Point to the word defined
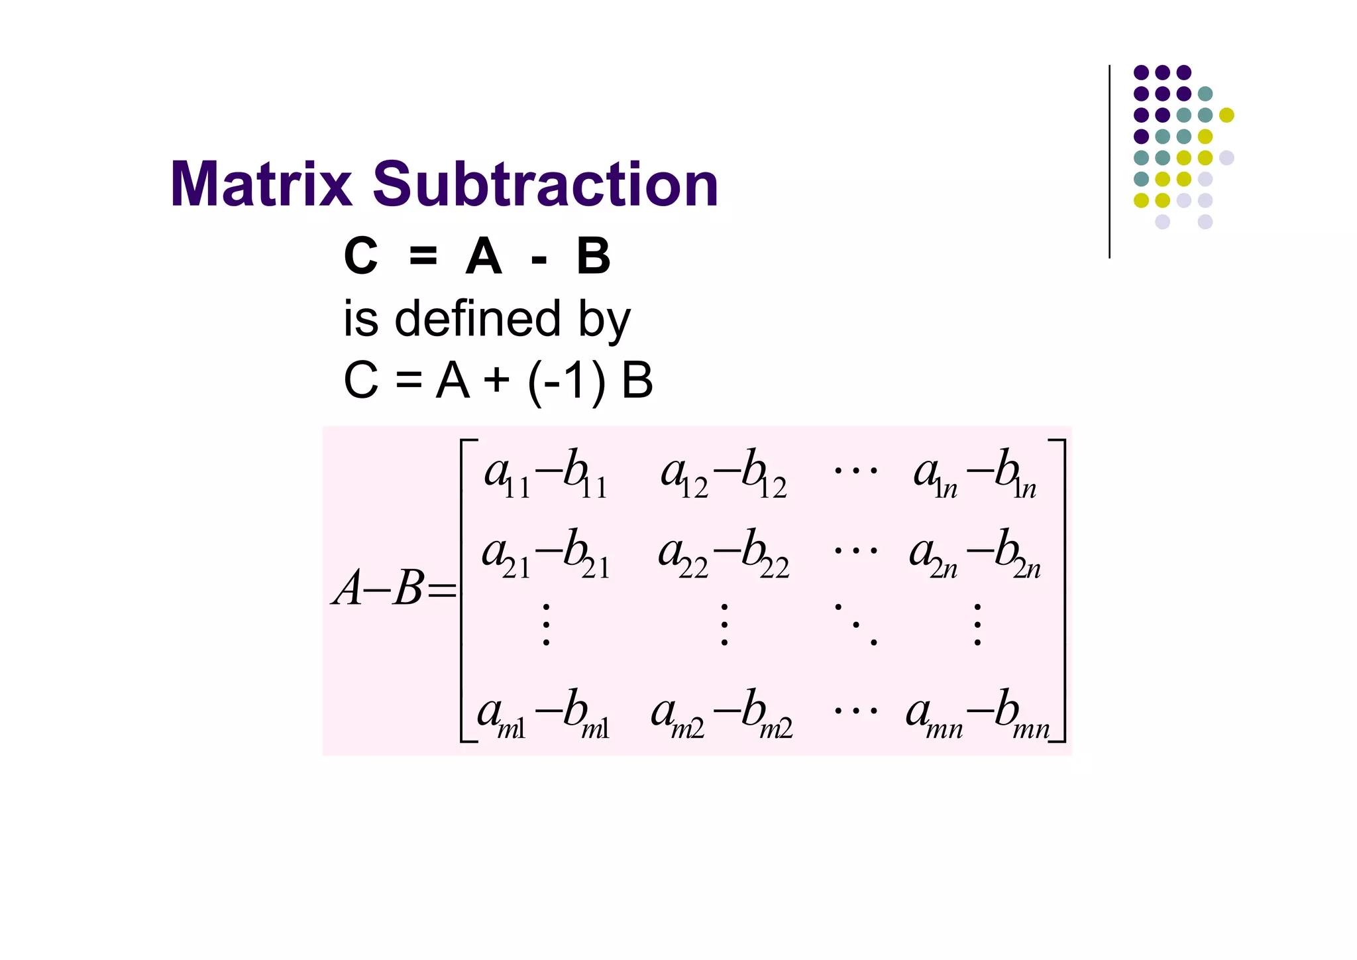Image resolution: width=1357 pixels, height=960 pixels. point(478,319)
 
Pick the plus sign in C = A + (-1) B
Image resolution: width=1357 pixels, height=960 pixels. point(497,381)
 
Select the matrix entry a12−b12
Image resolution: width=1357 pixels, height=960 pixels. point(724,473)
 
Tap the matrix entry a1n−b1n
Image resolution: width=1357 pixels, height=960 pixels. point(974,473)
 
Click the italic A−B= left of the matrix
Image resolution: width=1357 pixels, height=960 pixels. point(395,589)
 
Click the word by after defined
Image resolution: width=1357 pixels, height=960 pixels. point(604,320)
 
